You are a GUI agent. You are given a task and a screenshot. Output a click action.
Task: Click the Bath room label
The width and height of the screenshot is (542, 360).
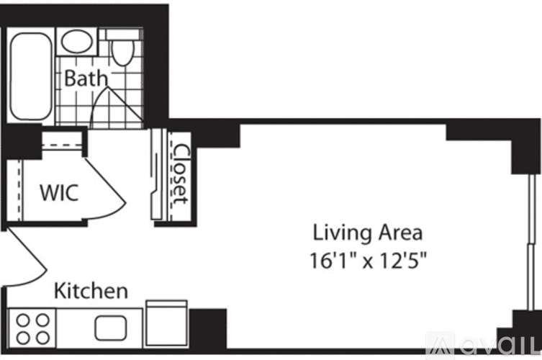86,78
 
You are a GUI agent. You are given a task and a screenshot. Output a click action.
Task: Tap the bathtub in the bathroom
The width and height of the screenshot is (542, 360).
30,76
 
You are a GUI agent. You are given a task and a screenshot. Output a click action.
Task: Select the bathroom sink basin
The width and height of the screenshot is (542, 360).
77,42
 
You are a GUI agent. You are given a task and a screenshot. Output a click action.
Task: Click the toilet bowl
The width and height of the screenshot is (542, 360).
122,53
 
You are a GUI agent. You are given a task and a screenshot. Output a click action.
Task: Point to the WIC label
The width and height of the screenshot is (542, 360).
59,193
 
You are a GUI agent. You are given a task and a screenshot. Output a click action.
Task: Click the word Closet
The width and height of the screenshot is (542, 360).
181,174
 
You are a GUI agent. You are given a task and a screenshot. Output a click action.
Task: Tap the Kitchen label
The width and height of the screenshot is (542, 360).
91,291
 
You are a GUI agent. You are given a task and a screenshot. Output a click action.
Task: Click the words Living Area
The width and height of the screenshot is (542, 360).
367,233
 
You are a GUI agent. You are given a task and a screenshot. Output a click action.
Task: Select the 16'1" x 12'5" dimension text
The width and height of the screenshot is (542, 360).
368,260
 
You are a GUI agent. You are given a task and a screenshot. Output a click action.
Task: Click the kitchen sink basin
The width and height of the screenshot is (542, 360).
111,328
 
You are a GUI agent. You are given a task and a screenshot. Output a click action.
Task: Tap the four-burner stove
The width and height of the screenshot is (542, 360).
32,328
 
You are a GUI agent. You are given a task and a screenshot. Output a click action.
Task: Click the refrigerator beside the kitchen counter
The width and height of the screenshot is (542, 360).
167,323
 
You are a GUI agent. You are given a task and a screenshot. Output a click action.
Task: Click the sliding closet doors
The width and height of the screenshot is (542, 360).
158,174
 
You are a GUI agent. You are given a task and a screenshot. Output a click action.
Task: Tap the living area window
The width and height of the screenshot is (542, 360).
530,242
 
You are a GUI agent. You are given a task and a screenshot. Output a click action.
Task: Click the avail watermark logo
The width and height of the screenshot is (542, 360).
483,346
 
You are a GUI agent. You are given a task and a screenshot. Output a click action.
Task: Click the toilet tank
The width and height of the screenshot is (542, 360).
122,35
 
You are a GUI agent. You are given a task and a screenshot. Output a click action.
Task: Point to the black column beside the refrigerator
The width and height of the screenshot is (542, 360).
208,328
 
